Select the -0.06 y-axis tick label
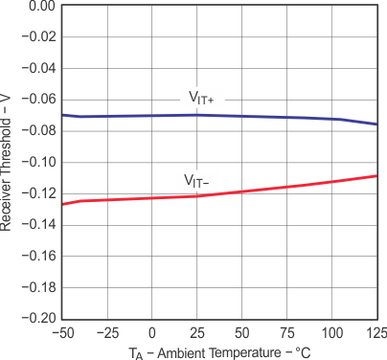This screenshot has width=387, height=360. pos(39,100)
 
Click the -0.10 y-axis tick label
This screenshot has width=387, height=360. pos(39,163)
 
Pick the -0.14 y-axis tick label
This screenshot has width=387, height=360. pos(39,225)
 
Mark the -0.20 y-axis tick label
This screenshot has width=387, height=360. pos(39,319)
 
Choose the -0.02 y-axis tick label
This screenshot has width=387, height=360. pos(39,37)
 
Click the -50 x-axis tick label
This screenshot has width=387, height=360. pos(62,333)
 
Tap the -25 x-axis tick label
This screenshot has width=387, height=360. pos(107,333)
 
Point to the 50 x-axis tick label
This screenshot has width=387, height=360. pos(242,333)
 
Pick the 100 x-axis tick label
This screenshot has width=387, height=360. pos(331,333)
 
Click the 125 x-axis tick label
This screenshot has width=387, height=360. pos(376,333)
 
